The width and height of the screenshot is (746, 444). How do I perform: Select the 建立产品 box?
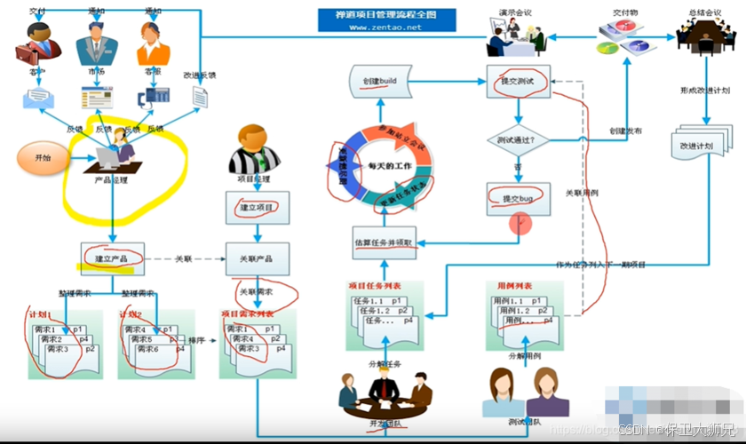(x=112, y=258)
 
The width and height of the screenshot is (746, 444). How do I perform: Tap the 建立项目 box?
(x=258, y=207)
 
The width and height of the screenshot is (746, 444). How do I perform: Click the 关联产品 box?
(x=258, y=258)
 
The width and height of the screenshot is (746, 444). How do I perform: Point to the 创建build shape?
(x=379, y=81)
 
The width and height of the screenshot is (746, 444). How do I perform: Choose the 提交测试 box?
(x=519, y=82)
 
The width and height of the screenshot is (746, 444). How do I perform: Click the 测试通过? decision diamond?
(x=519, y=140)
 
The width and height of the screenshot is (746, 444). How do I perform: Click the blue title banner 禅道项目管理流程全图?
(x=387, y=14)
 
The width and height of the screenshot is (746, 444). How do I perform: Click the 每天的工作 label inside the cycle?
(x=387, y=166)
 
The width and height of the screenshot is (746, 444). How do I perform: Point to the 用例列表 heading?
(x=514, y=288)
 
